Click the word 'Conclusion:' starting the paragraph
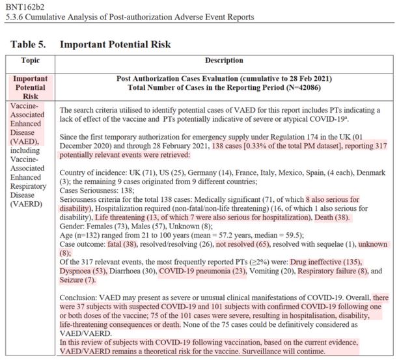[x=80, y=296]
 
